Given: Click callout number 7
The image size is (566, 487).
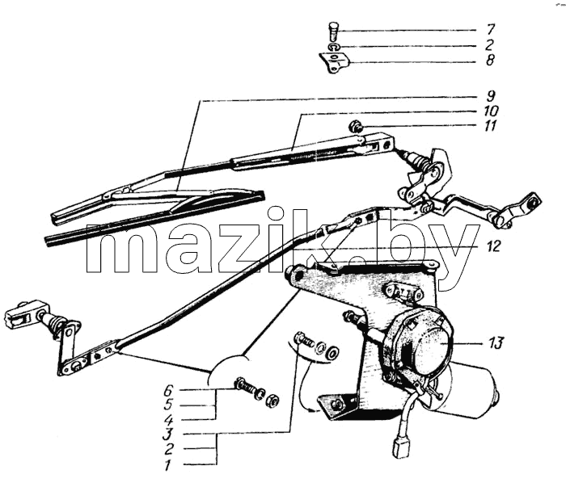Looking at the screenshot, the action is click(490, 29).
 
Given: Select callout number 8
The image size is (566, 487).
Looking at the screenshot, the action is click(490, 60).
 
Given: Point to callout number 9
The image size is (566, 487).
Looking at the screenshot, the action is click(490, 96).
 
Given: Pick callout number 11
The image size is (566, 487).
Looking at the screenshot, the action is click(490, 126).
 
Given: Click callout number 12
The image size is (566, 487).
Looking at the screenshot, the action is click(493, 246).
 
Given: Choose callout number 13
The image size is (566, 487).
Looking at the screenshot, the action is click(496, 342).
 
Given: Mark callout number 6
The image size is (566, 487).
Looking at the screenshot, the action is click(168, 390).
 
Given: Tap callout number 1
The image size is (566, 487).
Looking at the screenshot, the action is click(167, 466).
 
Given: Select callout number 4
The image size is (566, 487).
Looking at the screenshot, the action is click(168, 421).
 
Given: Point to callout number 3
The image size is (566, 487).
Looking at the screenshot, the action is click(167, 435).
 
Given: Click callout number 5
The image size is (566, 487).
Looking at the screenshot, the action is click(168, 405).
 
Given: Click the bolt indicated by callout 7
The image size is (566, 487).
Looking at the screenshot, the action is click(333, 31).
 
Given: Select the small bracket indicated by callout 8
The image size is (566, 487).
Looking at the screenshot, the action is click(334, 63).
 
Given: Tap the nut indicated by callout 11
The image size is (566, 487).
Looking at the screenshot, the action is click(353, 126).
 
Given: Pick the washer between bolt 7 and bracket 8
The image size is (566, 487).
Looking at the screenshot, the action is click(333, 47).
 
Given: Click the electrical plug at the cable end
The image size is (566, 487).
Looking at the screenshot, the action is click(399, 447).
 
